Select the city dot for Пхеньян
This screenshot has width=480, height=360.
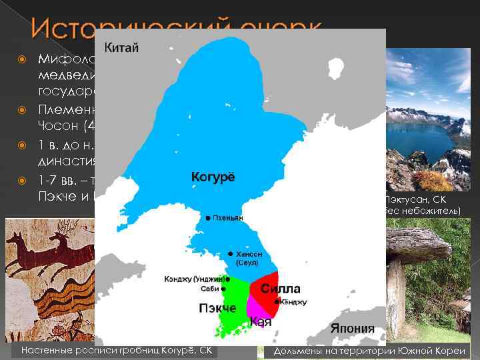209,218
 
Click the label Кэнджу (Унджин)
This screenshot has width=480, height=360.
193,279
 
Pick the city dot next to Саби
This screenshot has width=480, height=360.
227,289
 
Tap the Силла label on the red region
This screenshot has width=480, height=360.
280,289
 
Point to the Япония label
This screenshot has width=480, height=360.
351,329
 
